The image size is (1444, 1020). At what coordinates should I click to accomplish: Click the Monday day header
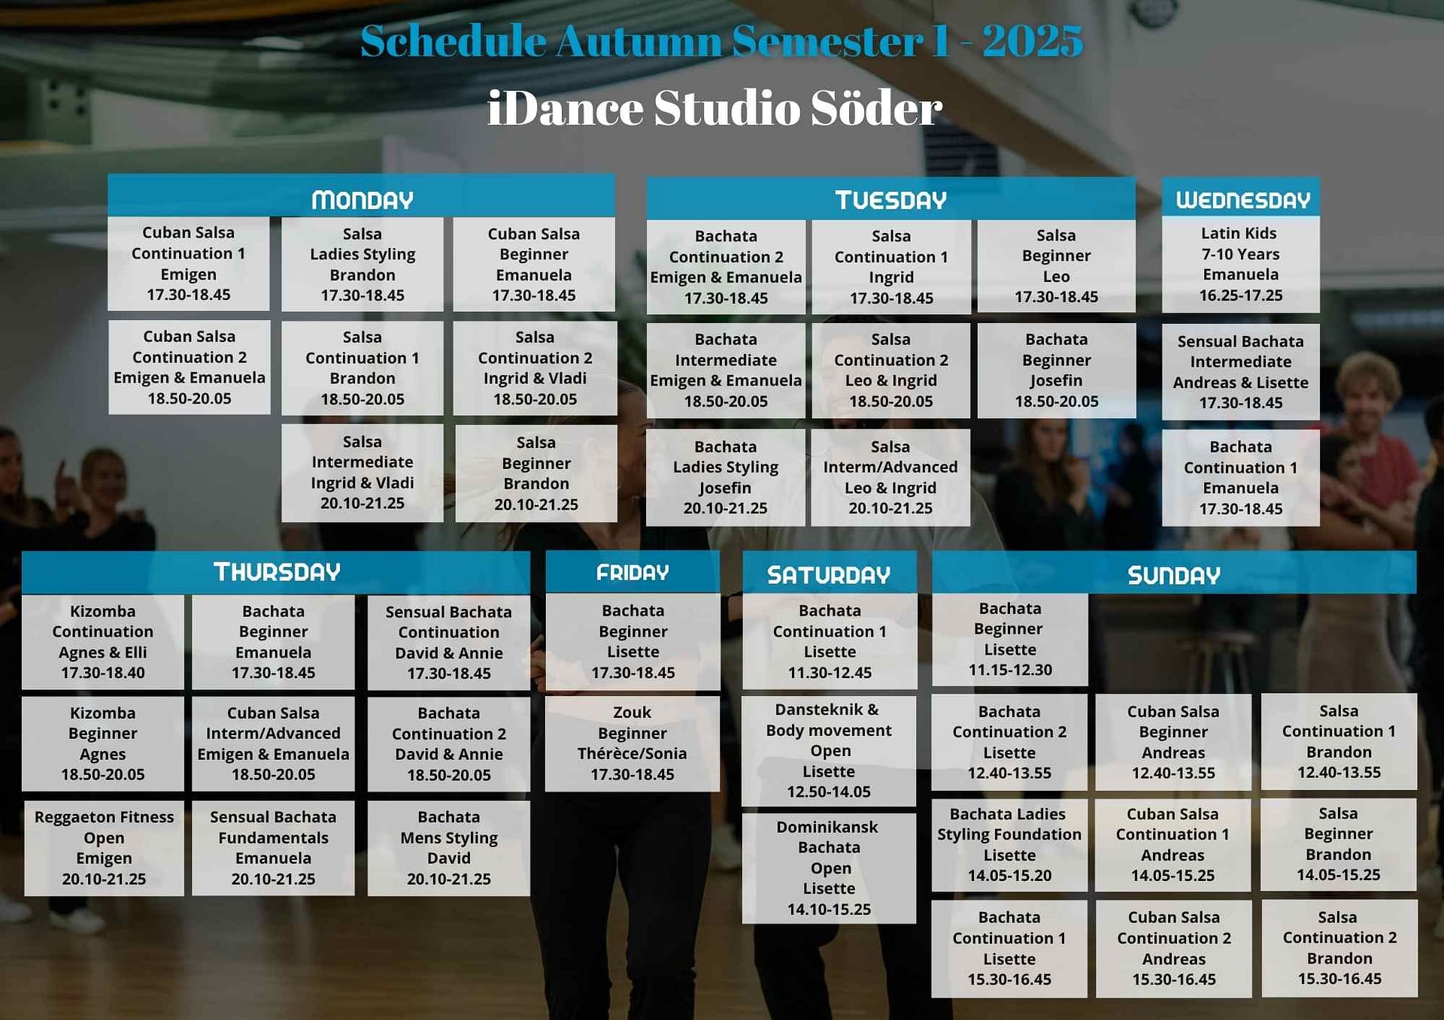(x=362, y=199)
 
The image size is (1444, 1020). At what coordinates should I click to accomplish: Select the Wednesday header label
(x=1242, y=199)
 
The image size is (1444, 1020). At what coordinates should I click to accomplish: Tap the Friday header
(x=633, y=573)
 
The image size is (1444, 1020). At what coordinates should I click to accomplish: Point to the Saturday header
(x=829, y=575)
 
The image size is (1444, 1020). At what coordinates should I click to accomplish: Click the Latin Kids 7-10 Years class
(x=1240, y=264)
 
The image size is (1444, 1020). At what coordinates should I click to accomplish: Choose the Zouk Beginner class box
(x=633, y=743)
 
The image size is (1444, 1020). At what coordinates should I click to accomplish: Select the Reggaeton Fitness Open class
(x=104, y=847)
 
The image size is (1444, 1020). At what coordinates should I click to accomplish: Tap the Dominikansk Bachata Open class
(x=829, y=867)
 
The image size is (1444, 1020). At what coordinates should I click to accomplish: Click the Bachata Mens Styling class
(x=448, y=847)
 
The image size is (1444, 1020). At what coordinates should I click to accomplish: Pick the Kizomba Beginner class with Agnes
(x=103, y=743)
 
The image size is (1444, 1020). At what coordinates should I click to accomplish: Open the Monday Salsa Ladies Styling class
(x=363, y=264)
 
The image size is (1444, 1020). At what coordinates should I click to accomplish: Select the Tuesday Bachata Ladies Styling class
(x=726, y=477)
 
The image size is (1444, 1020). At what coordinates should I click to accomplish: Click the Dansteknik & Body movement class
(x=829, y=750)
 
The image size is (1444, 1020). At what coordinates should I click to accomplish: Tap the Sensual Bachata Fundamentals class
(x=273, y=847)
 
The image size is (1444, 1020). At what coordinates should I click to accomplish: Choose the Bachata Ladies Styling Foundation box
(x=1009, y=844)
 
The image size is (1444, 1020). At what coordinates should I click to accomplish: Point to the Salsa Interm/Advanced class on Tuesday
(x=890, y=477)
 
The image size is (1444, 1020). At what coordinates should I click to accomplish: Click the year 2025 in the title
(x=1033, y=41)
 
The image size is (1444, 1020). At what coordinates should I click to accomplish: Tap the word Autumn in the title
(x=639, y=41)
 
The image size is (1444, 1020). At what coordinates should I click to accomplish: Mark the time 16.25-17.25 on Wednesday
(x=1240, y=295)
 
